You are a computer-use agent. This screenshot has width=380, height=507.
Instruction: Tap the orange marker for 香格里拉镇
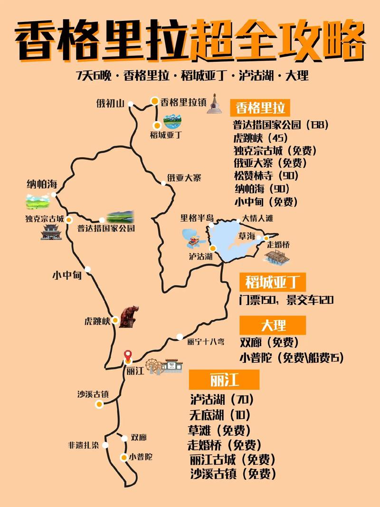(155, 101)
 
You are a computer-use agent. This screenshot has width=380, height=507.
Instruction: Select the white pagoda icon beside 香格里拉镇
(214, 103)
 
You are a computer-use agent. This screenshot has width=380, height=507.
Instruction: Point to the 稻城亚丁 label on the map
(166, 134)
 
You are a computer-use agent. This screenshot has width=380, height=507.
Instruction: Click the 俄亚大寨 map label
(184, 178)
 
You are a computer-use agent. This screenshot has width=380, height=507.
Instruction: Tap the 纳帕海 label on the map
(42, 184)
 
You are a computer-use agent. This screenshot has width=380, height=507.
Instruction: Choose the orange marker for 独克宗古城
(69, 220)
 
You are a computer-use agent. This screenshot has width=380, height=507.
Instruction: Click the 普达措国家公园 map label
(106, 228)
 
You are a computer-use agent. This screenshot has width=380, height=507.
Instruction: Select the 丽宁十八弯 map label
(206, 341)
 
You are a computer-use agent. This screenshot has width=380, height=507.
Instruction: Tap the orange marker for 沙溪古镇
(99, 404)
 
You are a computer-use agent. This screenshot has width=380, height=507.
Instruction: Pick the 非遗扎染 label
(83, 445)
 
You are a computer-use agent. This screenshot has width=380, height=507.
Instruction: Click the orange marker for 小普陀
(123, 457)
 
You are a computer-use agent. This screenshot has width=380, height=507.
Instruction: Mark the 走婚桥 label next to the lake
(278, 245)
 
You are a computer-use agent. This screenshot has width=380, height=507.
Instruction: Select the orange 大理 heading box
(273, 325)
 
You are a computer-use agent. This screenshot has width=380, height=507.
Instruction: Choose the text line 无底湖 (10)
(219, 414)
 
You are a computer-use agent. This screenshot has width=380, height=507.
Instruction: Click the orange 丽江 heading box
(224, 380)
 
